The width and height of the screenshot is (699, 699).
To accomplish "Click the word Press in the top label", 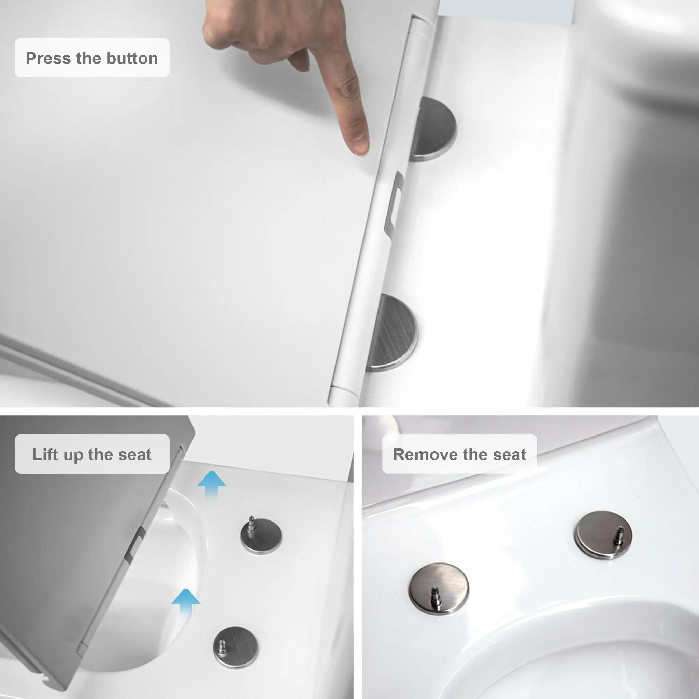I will (x=48, y=59).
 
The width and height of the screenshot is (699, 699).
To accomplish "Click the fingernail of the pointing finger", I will (x=360, y=143).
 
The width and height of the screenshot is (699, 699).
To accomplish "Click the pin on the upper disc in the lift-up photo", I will (x=251, y=524).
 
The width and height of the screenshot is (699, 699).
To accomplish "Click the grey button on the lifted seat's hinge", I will (x=135, y=543).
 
